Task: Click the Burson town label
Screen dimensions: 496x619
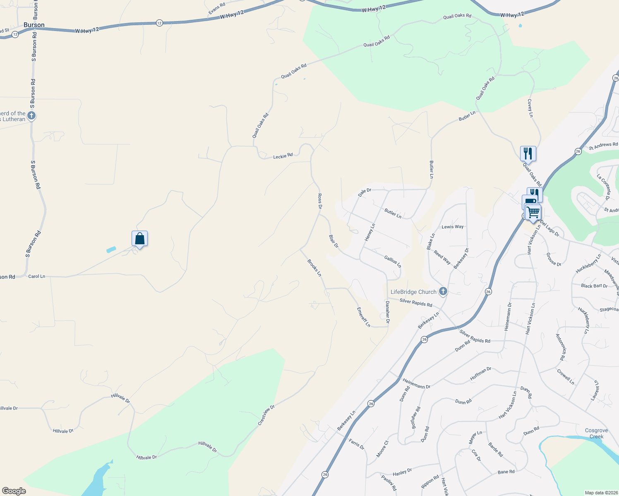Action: click(x=34, y=25)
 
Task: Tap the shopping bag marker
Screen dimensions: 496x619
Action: click(x=139, y=238)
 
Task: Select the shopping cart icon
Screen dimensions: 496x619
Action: click(x=533, y=212)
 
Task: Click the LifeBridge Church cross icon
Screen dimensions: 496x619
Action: click(x=443, y=292)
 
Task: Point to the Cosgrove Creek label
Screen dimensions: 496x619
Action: click(x=596, y=433)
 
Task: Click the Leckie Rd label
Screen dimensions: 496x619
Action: click(x=283, y=156)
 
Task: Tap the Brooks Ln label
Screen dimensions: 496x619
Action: click(x=314, y=268)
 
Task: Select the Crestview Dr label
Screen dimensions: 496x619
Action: click(x=266, y=415)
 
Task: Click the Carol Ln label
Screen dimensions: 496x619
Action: click(x=36, y=276)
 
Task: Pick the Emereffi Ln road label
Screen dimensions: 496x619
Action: click(x=364, y=317)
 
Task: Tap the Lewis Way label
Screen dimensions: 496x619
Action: click(x=453, y=227)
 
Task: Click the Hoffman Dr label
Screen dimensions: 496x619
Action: click(x=480, y=374)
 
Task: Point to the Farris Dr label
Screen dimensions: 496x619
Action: click(x=356, y=444)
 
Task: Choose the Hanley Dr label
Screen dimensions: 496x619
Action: click(x=402, y=472)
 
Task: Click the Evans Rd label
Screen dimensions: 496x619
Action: click(x=217, y=8)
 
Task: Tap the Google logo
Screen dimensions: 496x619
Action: click(x=14, y=491)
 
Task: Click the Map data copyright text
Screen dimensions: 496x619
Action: click(x=600, y=493)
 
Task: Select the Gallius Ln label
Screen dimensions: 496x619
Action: click(x=392, y=261)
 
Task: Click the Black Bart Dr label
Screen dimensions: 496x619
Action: click(x=594, y=286)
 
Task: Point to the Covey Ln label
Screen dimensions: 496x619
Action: click(x=530, y=108)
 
